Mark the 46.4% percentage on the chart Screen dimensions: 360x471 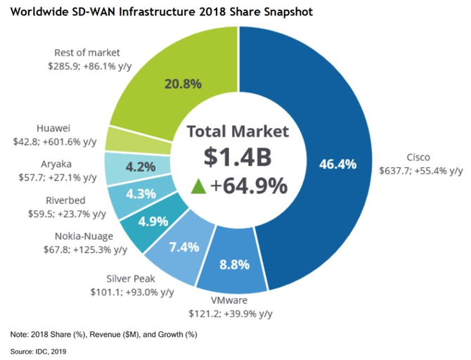[337, 165]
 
